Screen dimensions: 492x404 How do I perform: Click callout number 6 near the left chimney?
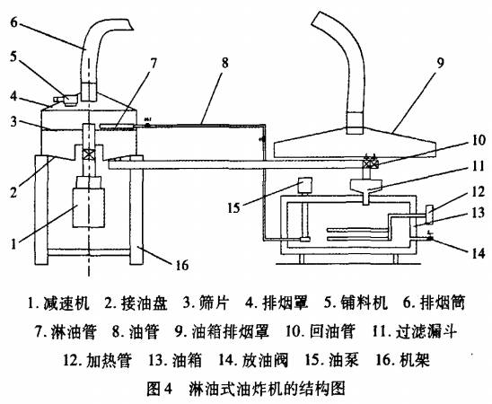pyautogui.click(x=13, y=22)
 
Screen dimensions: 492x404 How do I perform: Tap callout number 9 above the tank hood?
pyautogui.click(x=441, y=63)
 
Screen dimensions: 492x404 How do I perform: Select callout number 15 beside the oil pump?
pyautogui.click(x=233, y=207)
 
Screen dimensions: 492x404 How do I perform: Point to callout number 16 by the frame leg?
pyautogui.click(x=181, y=266)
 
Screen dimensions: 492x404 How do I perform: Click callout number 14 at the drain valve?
pyautogui.click(x=479, y=253)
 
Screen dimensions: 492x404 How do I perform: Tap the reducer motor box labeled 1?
pyautogui.click(x=89, y=207)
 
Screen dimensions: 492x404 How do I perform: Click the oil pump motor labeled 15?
pyautogui.click(x=304, y=185)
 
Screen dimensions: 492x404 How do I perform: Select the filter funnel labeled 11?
pyautogui.click(x=366, y=190)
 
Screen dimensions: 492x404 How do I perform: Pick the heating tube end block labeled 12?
pyautogui.click(x=429, y=215)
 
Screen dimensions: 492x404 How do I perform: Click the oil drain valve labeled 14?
pyautogui.click(x=429, y=238)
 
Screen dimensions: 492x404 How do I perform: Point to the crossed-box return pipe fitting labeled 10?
pyautogui.click(x=370, y=162)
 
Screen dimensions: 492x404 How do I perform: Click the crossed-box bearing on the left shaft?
pyautogui.click(x=89, y=155)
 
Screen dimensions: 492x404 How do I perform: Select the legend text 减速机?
pyautogui.click(x=66, y=303)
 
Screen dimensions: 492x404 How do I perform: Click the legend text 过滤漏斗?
pyautogui.click(x=426, y=331)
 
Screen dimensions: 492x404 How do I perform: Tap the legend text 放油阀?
pyautogui.click(x=265, y=360)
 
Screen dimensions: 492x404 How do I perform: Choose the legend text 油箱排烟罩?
pyautogui.click(x=231, y=331)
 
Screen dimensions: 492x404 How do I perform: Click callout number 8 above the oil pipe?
pyautogui.click(x=224, y=63)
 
